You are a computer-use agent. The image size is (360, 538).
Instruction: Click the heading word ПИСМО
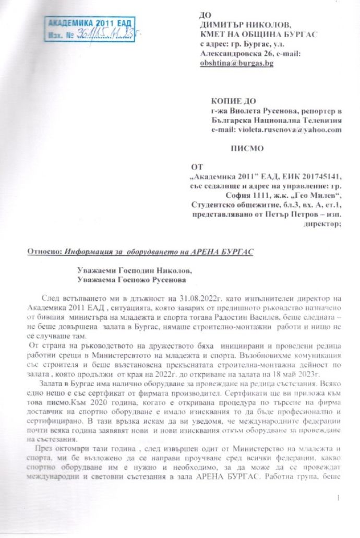tap(243, 148)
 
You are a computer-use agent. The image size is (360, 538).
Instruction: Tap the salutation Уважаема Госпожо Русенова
tap(126, 280)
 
